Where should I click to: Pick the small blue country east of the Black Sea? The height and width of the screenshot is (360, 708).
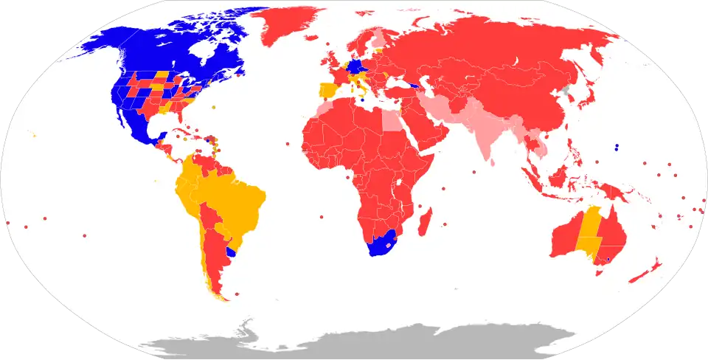tap(418, 86)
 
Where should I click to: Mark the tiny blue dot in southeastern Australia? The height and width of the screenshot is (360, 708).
tap(608, 260)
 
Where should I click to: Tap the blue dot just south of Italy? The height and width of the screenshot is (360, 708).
tap(362, 100)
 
